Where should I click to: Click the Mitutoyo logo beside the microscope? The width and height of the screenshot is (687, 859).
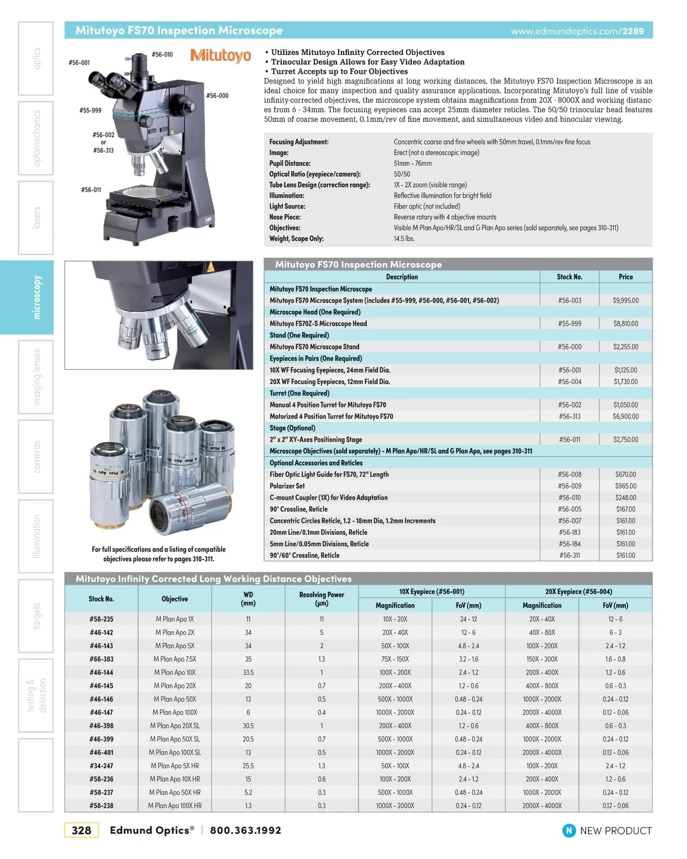220,56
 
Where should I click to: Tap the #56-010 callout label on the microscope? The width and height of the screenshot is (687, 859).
162,54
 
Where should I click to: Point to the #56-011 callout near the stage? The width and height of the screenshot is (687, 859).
91,190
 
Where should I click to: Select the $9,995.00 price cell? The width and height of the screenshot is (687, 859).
625,300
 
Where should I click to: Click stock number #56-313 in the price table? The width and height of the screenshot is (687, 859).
569,416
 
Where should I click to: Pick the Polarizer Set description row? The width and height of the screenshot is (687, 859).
287,486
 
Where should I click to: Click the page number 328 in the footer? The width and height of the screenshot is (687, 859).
81,830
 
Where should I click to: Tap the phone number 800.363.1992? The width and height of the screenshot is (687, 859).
246,830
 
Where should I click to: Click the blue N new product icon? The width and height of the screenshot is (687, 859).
568,830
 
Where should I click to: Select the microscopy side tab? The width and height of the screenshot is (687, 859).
36,297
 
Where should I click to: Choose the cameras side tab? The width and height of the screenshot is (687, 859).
36,456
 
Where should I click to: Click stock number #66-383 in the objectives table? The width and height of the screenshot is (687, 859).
101,659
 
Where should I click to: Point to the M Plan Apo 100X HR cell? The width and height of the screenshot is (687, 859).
175,806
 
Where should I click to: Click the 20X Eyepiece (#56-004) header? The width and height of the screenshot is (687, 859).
578,592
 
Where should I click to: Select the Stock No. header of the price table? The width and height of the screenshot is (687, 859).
569,277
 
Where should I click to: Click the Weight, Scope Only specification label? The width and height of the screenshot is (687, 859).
297,239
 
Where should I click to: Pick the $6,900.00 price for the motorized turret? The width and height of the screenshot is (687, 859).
625,416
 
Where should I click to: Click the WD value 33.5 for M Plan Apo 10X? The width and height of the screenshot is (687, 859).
248,672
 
